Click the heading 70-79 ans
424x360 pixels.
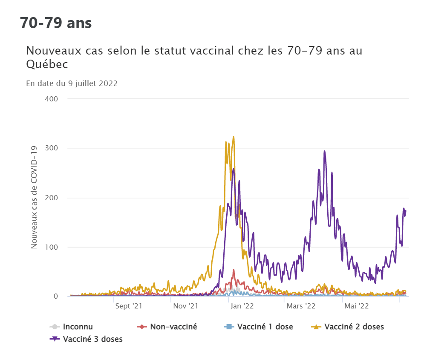tap(56, 23)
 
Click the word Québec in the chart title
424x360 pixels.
tap(47, 64)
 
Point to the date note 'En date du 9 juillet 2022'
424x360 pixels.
tap(72, 84)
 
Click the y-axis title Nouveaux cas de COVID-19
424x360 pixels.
tap(34, 197)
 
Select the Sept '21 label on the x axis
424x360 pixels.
tap(128, 306)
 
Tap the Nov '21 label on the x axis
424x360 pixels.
tap(185, 306)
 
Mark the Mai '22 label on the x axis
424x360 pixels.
tap(357, 306)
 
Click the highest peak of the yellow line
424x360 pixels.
tap(234, 137)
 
